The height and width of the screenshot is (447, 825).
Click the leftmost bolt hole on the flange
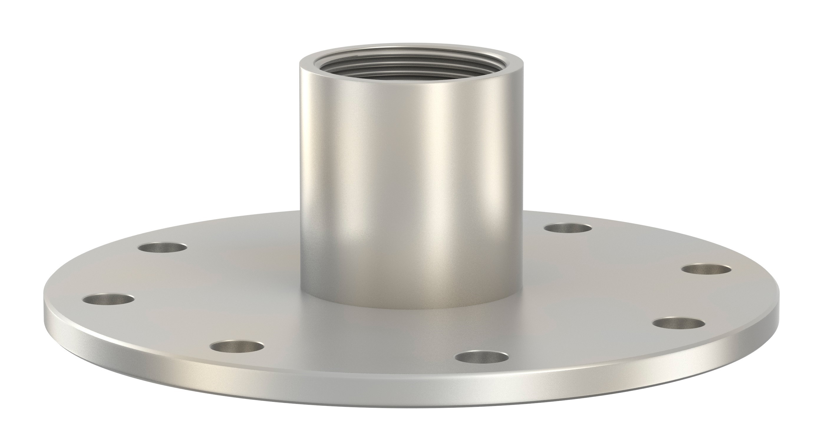(x=108, y=300)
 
